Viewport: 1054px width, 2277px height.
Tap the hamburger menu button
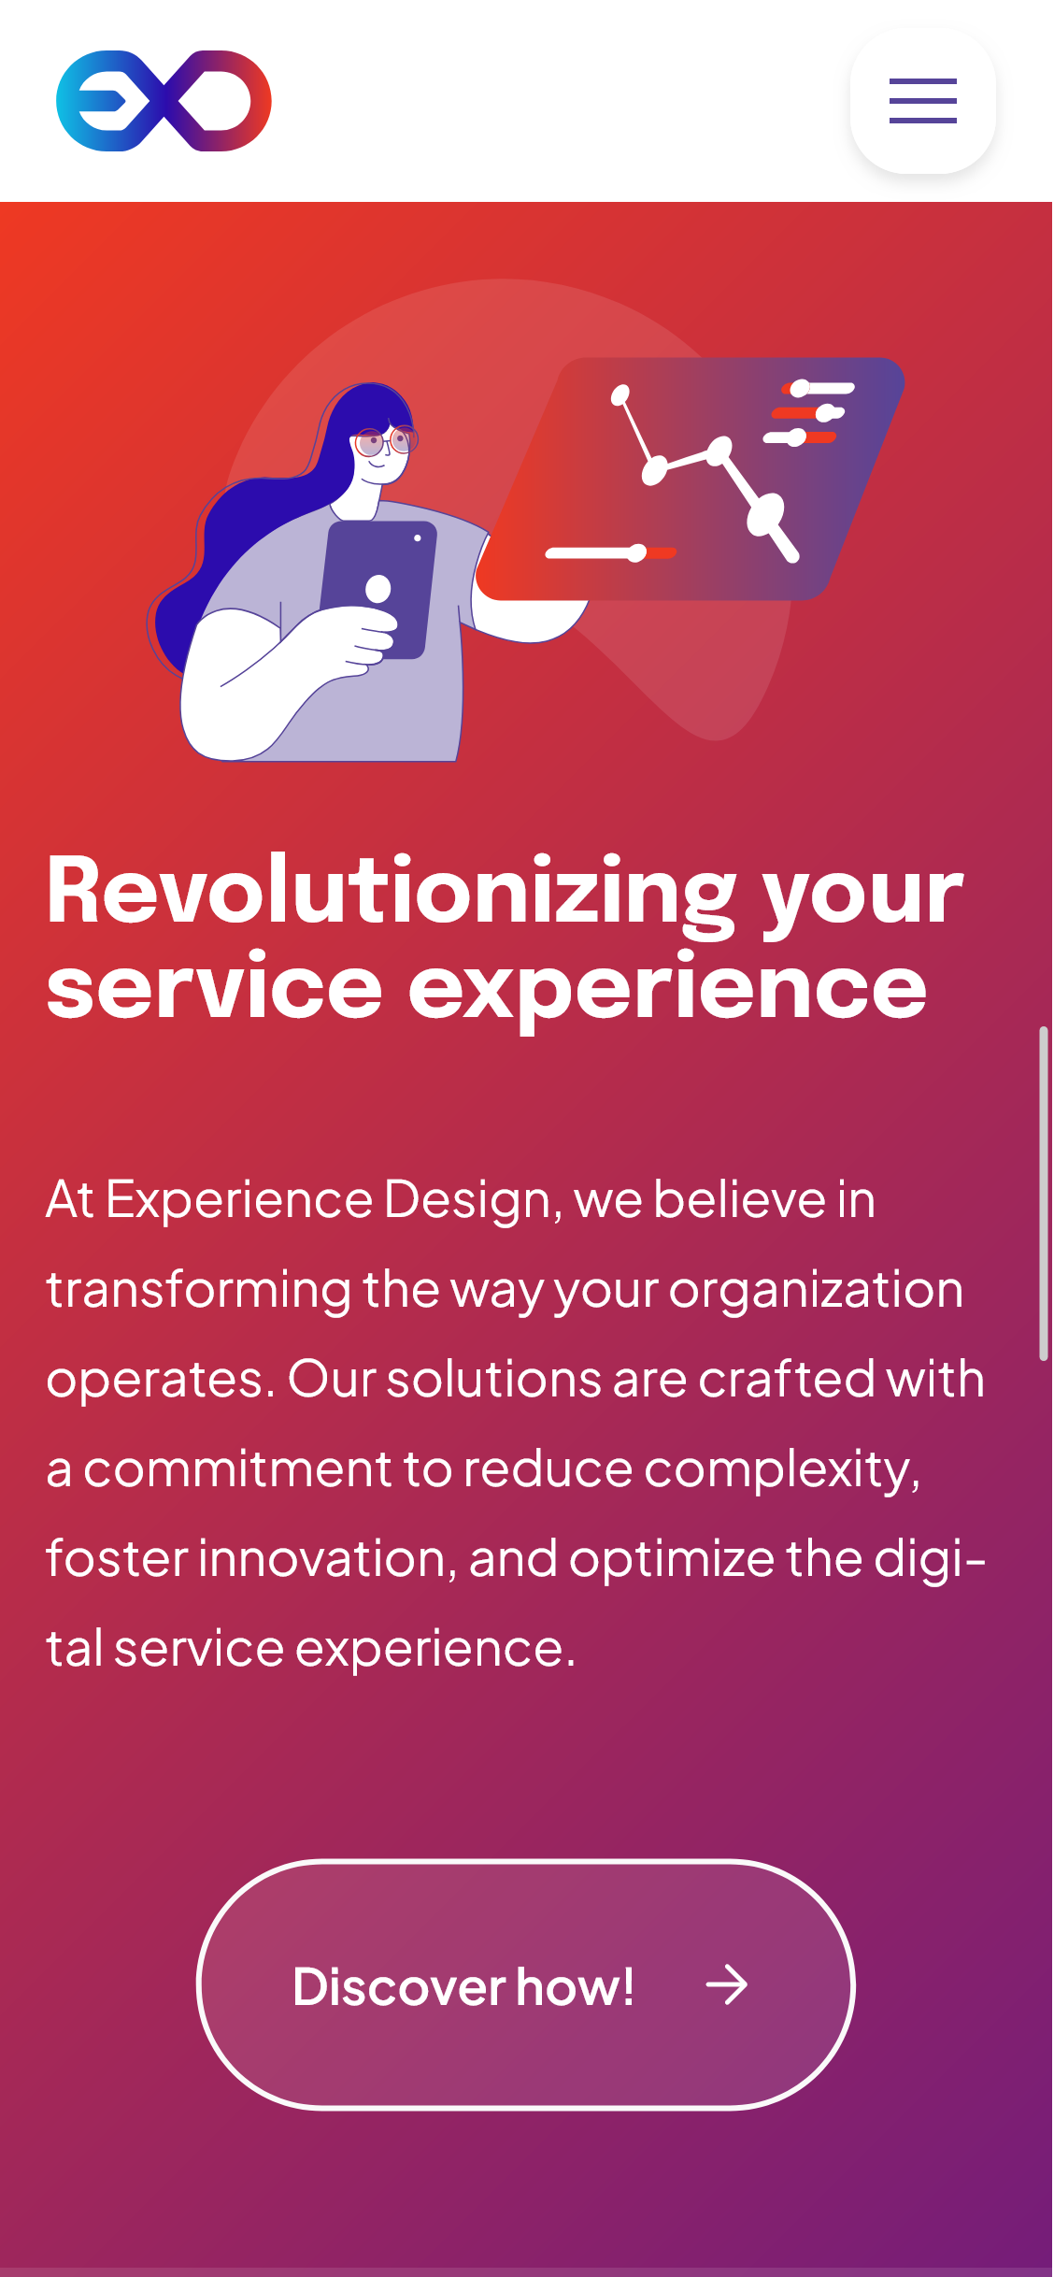click(922, 101)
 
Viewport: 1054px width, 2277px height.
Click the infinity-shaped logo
click(164, 101)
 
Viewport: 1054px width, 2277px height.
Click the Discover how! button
click(526, 1984)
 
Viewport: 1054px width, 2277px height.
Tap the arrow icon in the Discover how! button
click(727, 1985)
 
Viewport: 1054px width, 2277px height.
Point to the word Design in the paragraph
click(472, 1199)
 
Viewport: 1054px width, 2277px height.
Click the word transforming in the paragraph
click(199, 1291)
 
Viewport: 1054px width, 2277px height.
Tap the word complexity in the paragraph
click(782, 1470)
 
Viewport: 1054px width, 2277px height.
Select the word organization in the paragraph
click(816, 1291)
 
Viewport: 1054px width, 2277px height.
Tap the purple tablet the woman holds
click(378, 589)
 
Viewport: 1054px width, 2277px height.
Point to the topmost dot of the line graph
click(620, 395)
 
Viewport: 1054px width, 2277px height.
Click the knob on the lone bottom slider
click(637, 553)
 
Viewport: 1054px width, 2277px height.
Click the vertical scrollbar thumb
click(1043, 1194)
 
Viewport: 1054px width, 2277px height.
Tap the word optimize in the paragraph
click(672, 1560)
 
